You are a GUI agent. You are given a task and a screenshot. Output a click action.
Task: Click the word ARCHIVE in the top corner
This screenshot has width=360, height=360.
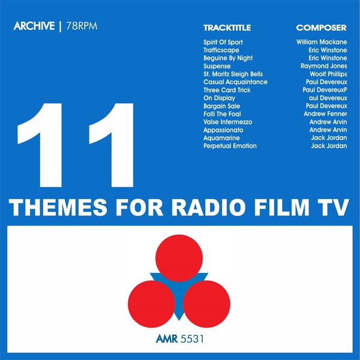[x=32, y=28]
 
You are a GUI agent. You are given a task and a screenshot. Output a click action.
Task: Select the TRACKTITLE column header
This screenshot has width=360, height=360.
[x=227, y=28]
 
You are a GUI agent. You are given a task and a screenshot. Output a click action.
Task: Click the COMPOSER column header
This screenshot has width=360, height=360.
[x=321, y=28]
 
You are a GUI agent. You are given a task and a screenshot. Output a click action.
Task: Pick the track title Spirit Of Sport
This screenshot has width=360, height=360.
[x=223, y=43]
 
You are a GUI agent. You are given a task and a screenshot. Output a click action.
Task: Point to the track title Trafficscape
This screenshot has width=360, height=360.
[x=221, y=50]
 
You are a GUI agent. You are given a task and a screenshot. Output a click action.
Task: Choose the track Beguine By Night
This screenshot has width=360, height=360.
[x=228, y=58]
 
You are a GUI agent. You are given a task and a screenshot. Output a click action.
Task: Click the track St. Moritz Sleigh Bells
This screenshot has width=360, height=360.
[x=233, y=74]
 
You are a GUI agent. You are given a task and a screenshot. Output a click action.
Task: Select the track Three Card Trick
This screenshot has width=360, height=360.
[x=226, y=90]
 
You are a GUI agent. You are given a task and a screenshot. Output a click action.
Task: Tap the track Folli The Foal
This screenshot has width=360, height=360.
[x=223, y=114]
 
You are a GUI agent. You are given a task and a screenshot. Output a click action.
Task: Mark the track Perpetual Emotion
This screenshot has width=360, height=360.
[x=230, y=146]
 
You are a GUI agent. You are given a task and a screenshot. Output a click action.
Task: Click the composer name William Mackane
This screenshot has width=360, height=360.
[x=322, y=43]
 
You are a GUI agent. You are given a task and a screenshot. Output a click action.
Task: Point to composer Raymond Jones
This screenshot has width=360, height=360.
[x=323, y=66]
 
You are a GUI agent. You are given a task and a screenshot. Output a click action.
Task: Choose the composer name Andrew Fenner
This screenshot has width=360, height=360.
[x=325, y=114]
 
